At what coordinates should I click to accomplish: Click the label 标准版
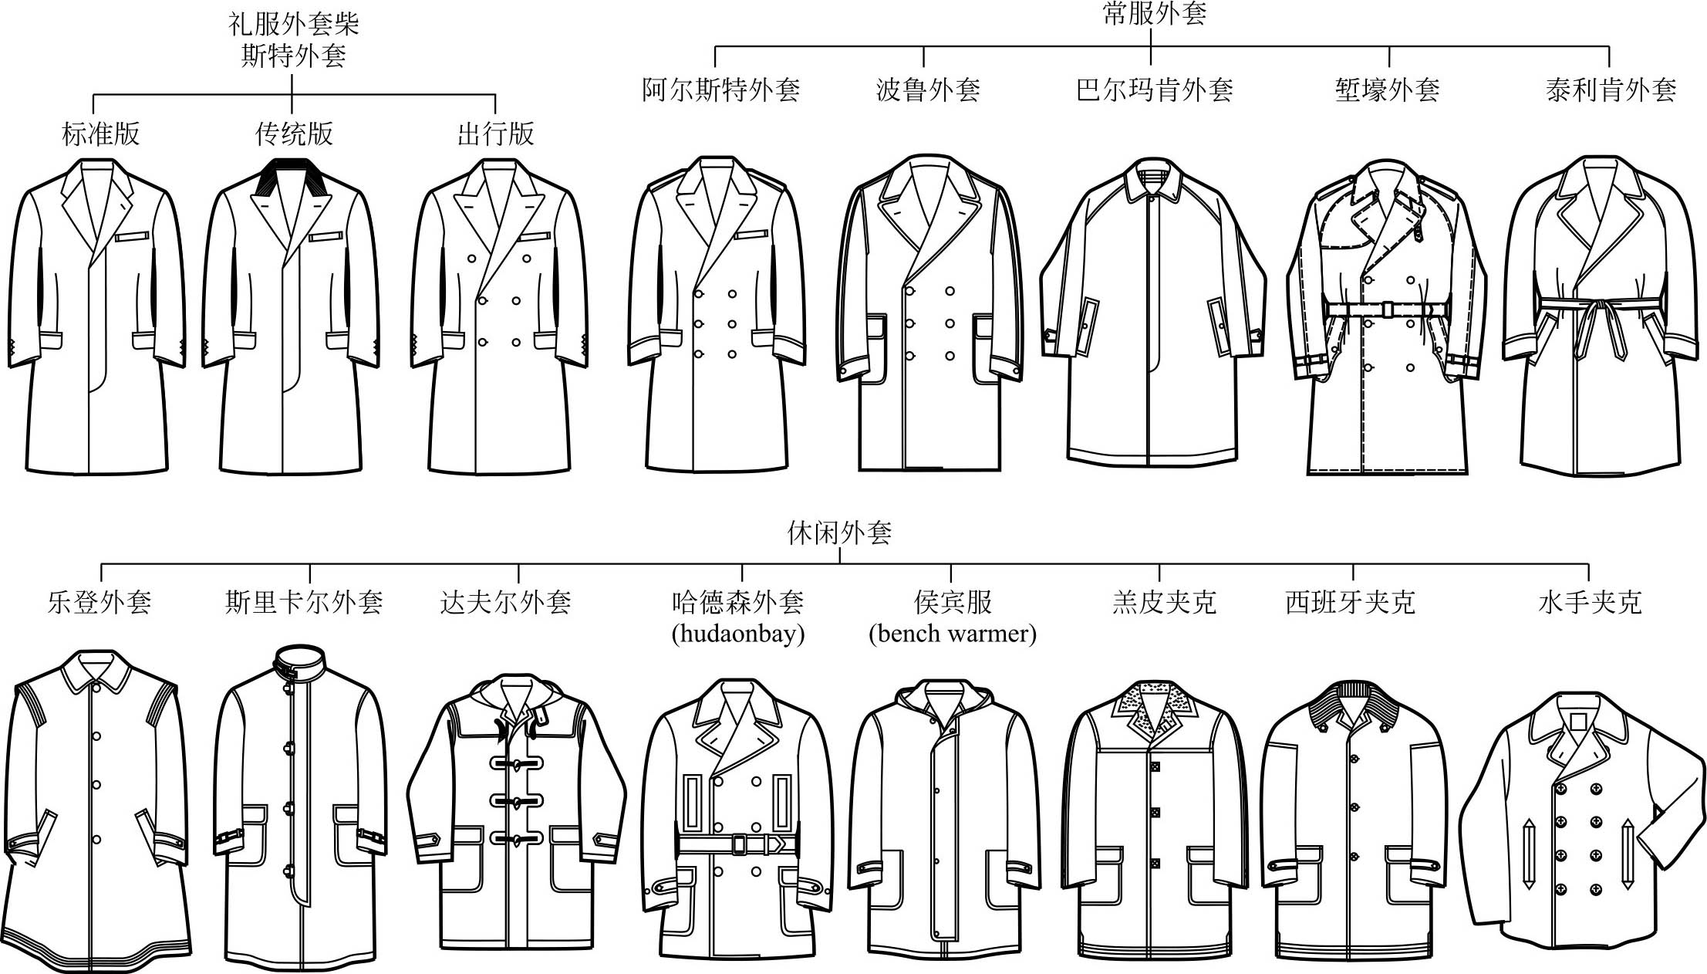101,134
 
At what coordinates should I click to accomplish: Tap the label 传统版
294,134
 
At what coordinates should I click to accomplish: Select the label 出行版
495,134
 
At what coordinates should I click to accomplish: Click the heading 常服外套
1155,13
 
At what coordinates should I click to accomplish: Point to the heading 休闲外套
839,533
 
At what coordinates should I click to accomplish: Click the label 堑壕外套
1388,90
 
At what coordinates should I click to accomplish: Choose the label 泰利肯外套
1611,90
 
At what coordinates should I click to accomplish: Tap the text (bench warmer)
953,634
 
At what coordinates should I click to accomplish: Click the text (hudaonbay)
738,634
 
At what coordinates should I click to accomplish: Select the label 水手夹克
1590,602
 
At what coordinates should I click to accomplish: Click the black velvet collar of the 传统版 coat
291,178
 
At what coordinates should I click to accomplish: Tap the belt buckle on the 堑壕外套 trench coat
1387,309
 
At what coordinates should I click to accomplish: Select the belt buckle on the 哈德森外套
738,844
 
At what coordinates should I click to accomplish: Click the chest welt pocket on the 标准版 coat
132,236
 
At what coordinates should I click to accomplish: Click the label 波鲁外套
929,90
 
